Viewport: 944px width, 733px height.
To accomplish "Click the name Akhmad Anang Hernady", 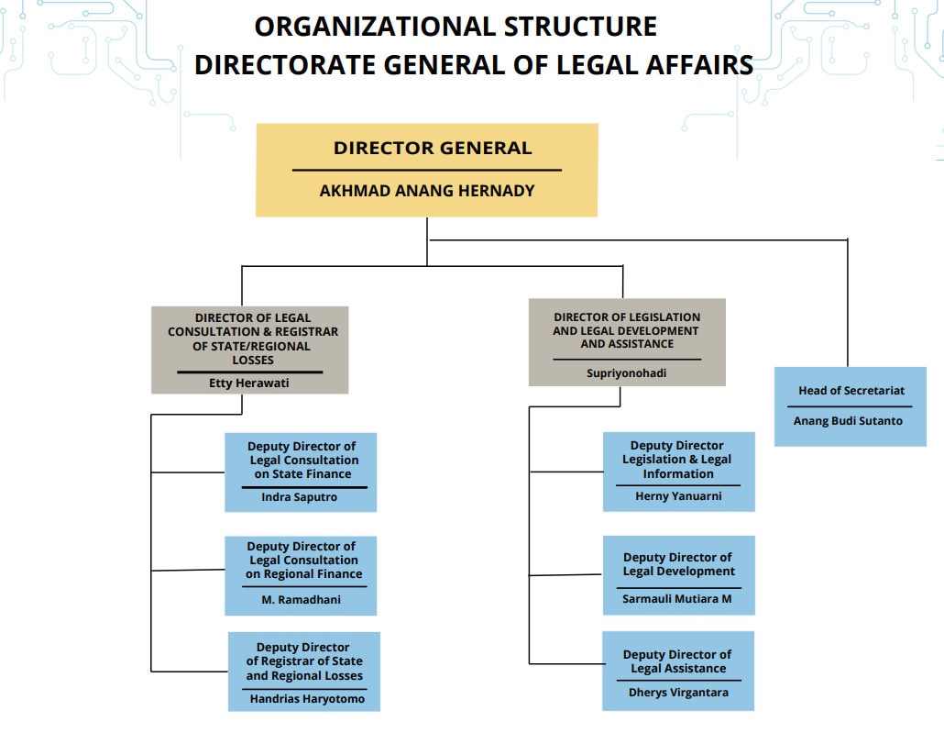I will [426, 192].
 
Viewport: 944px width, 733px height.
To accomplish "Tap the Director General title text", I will [432, 149].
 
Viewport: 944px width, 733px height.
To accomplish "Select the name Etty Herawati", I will [249, 383].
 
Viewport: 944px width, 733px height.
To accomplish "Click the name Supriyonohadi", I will [627, 373].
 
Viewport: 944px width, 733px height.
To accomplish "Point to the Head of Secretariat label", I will [851, 391].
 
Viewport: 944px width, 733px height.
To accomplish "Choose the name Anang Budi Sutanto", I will [848, 421].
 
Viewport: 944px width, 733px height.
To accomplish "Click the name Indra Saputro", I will [300, 497].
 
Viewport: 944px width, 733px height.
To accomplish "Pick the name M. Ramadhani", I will [300, 600].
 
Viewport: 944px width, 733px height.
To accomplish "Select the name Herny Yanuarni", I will [678, 496].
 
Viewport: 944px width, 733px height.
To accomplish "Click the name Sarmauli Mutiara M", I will [678, 599].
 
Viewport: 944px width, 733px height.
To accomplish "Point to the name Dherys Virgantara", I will [678, 693].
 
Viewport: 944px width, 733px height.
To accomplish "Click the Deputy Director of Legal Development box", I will [678, 575].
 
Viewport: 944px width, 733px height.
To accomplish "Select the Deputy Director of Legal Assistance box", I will [678, 671].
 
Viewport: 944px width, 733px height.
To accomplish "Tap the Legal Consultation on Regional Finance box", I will [301, 575].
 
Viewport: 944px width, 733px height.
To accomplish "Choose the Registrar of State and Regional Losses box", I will [303, 672].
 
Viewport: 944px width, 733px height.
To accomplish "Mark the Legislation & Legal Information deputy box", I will [678, 472].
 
